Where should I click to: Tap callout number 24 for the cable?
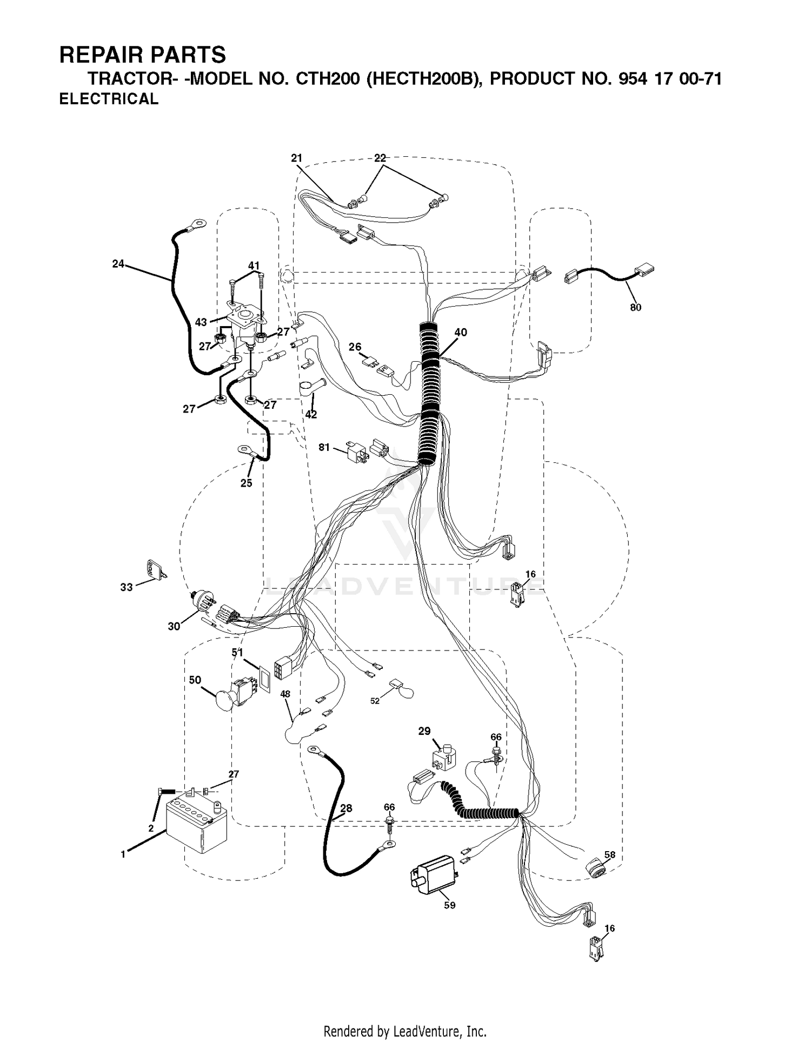[x=118, y=264]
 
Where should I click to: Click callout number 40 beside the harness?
[x=461, y=333]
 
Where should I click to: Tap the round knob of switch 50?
[x=225, y=700]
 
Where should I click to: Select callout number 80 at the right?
[x=635, y=308]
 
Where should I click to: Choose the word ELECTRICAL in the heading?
[x=109, y=99]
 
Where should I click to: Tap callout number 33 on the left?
[x=127, y=587]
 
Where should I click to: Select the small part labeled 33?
[x=156, y=570]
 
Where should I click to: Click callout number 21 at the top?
[x=296, y=158]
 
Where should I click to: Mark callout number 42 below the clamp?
[x=311, y=415]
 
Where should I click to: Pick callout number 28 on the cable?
[x=346, y=808]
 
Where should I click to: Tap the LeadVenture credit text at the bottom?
[x=405, y=1032]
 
